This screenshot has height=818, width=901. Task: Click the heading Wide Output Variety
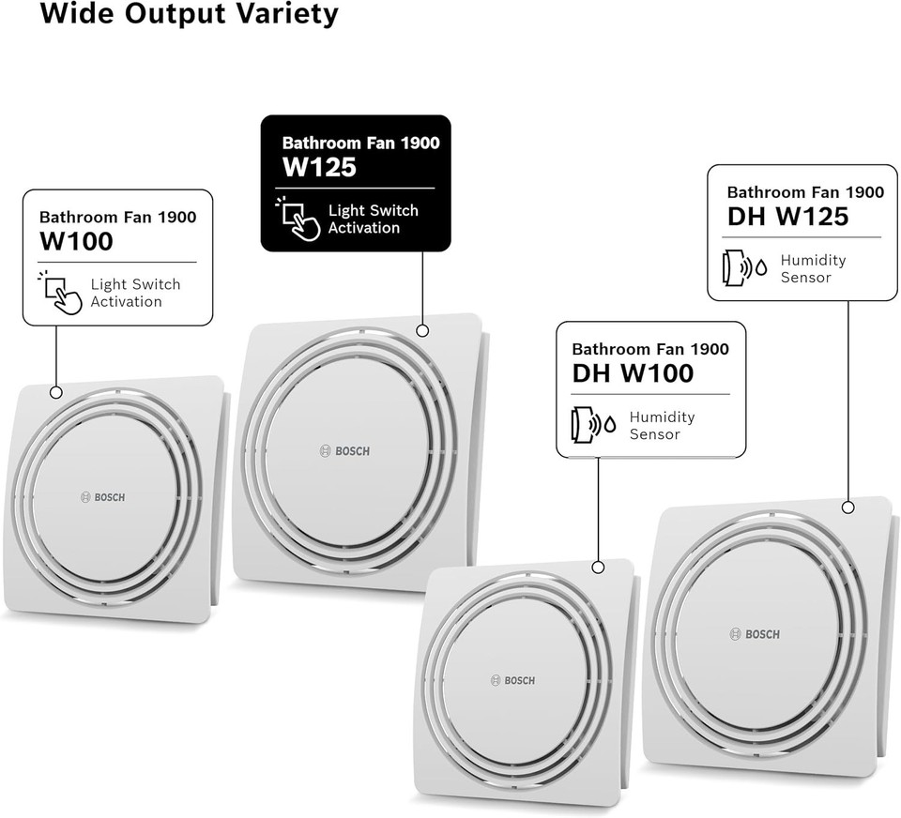[x=189, y=13]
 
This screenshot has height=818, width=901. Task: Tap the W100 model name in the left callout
[x=76, y=241]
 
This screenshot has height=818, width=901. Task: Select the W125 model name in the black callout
[x=319, y=167]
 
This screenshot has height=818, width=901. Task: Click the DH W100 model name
[x=633, y=373]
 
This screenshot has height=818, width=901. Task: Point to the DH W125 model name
[x=787, y=217]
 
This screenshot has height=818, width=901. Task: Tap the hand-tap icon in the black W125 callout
[x=298, y=219]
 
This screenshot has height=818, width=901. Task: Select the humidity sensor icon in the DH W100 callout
[x=593, y=425]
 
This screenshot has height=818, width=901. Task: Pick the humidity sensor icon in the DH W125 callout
[x=744, y=267]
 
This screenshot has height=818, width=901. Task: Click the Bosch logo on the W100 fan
[x=102, y=497]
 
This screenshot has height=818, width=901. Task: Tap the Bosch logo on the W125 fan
[x=344, y=451]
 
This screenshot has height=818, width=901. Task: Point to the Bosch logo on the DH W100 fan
[x=512, y=681]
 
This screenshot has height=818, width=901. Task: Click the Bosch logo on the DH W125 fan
[x=755, y=634]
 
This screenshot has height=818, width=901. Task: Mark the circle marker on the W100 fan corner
[x=55, y=392]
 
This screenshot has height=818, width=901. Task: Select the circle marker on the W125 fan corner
[x=422, y=330]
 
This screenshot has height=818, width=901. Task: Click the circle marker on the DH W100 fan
[x=598, y=568]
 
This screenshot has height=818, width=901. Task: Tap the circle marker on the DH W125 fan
[x=848, y=507]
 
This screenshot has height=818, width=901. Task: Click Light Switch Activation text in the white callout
[x=135, y=293]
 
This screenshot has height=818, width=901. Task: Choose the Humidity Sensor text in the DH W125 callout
[x=813, y=269]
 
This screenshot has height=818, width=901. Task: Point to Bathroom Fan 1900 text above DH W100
[x=650, y=349]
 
